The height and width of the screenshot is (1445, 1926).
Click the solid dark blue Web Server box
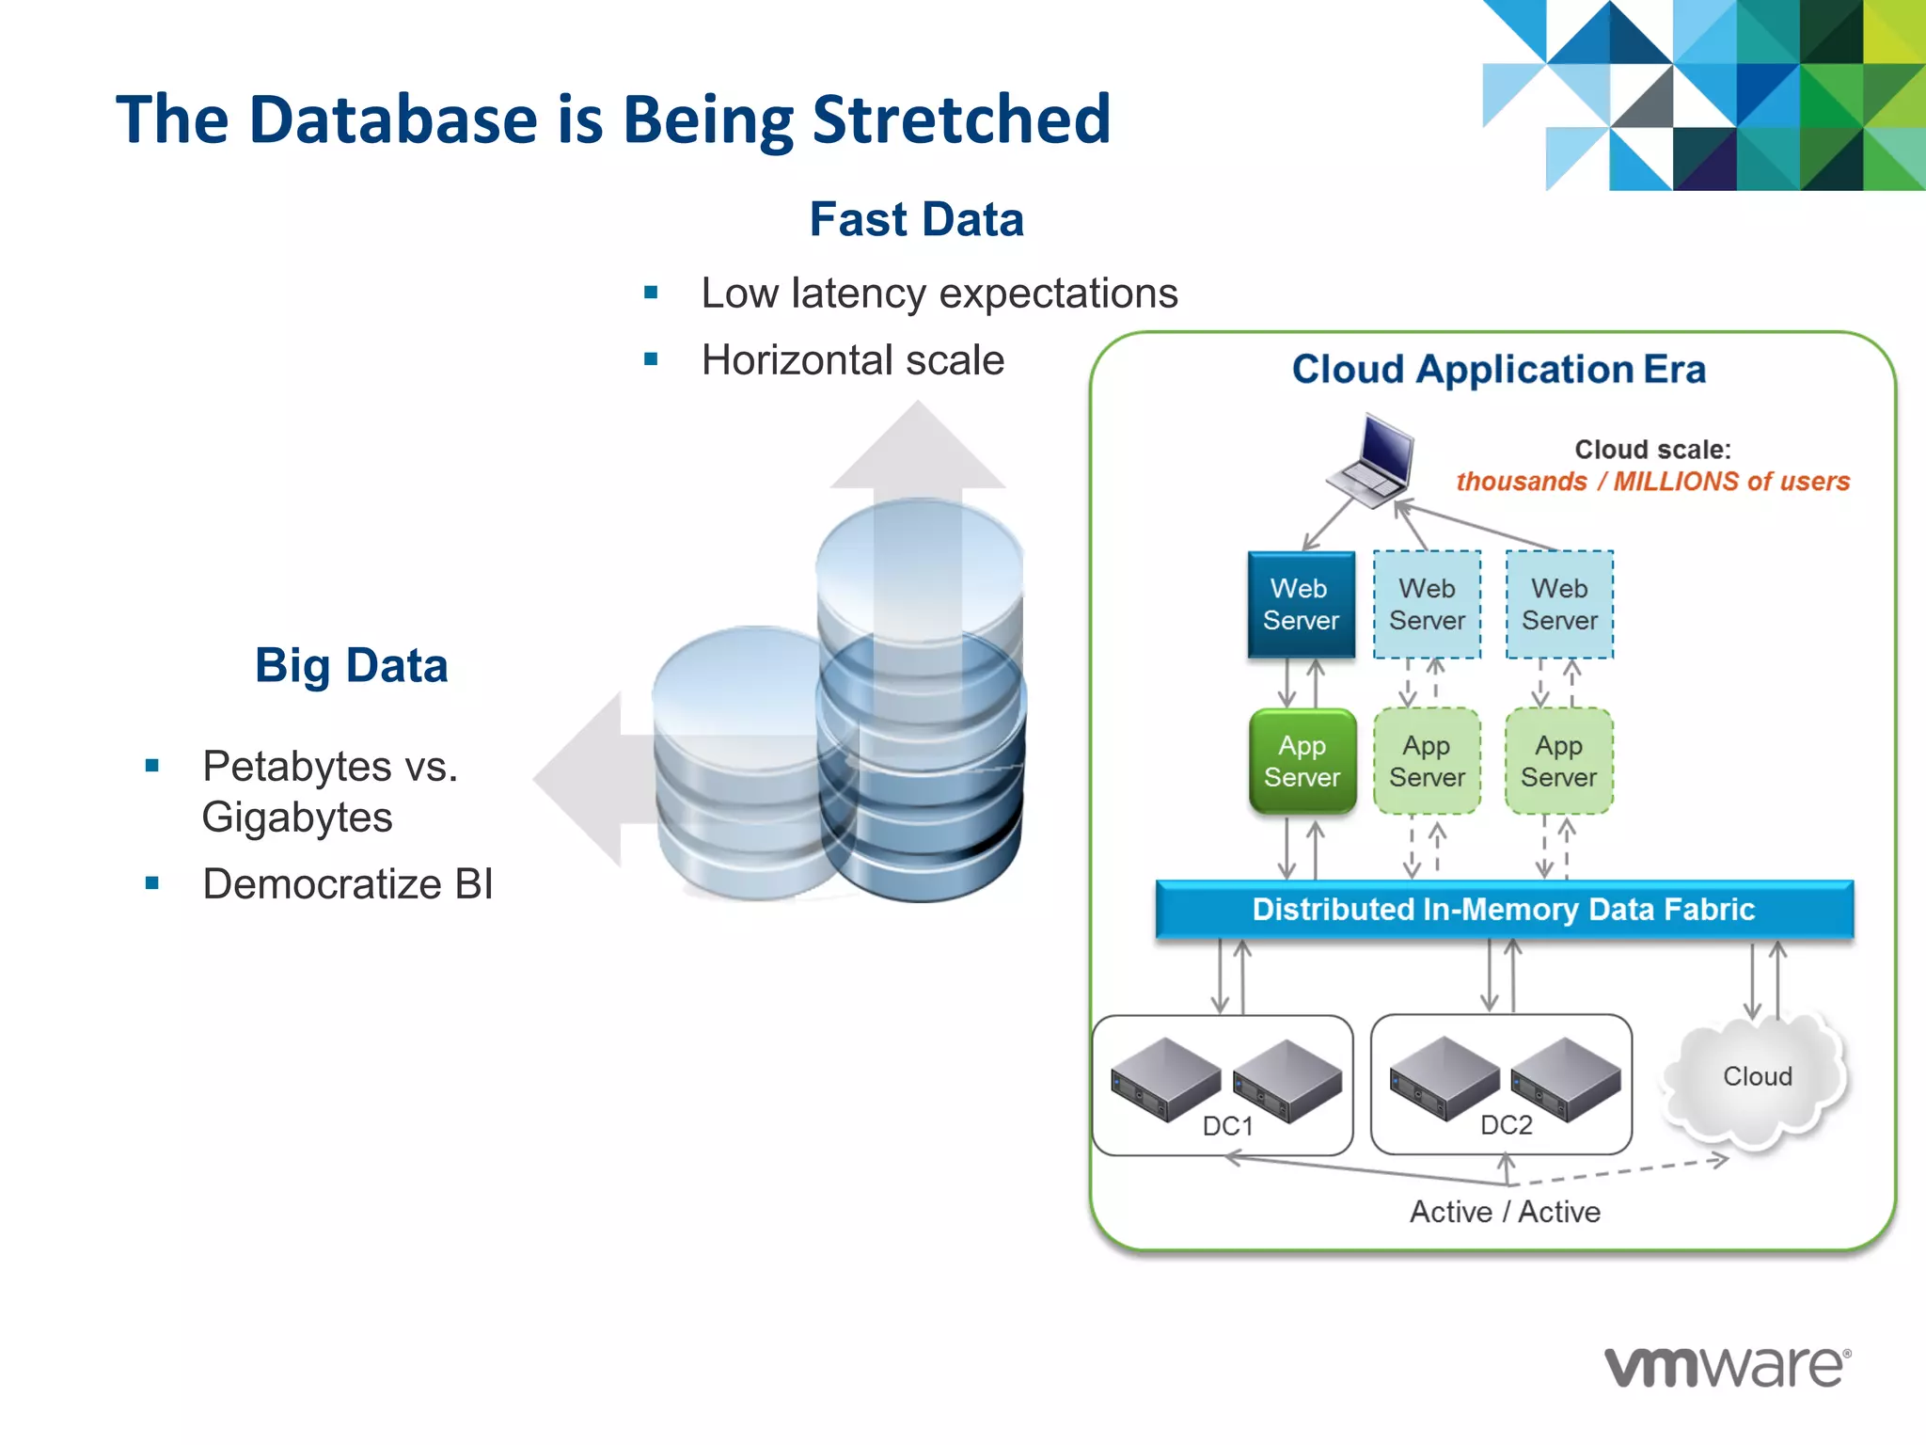1301,604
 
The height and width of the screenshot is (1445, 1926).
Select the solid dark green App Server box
1302,761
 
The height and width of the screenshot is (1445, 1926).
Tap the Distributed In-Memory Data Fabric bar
1503,909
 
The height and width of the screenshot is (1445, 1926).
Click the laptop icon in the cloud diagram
1372,460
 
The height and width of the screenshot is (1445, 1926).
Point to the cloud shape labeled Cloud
1756,1077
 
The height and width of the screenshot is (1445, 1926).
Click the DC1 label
1227,1126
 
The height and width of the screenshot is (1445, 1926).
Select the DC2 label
1506,1125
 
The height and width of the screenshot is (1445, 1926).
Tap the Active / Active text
1504,1212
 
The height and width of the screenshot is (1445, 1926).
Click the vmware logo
1727,1367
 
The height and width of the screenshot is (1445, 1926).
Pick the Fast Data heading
916,219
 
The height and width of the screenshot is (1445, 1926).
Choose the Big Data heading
351,665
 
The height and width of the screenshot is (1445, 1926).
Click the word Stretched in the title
960,119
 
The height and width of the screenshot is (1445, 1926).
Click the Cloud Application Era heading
1498,369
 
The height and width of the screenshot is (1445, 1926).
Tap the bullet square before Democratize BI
152,883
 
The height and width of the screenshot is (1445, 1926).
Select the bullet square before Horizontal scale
651,359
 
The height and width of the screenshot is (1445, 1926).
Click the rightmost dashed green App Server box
1558,761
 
